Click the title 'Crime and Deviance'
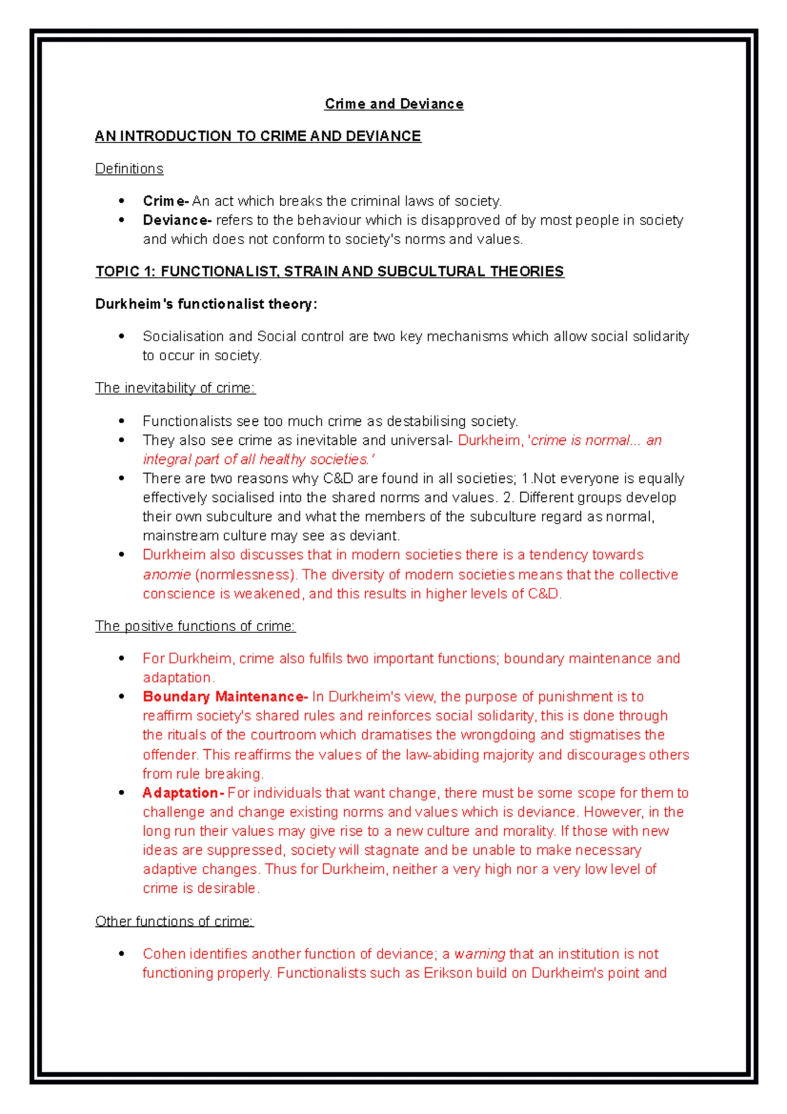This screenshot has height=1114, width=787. click(x=393, y=104)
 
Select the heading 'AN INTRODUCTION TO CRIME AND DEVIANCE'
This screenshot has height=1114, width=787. click(x=258, y=136)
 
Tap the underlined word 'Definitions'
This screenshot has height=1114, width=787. click(x=129, y=169)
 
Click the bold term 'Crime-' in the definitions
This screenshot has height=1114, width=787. click(x=166, y=201)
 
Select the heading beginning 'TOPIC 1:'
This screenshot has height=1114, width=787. click(x=329, y=271)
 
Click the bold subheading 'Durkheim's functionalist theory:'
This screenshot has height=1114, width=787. click(x=206, y=304)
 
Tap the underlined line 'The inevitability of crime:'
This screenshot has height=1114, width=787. click(x=175, y=388)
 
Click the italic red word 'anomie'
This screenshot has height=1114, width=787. click(x=167, y=575)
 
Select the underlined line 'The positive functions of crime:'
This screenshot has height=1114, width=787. click(x=195, y=626)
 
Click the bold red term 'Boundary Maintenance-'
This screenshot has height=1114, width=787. click(x=225, y=696)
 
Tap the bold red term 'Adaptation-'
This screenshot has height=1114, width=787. click(x=184, y=793)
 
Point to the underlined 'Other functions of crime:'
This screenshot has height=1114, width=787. click(x=174, y=921)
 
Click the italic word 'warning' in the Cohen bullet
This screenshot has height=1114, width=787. click(x=479, y=954)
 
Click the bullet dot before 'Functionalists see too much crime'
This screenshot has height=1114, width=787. click(x=121, y=421)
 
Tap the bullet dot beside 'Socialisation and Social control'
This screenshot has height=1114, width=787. click(x=121, y=336)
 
